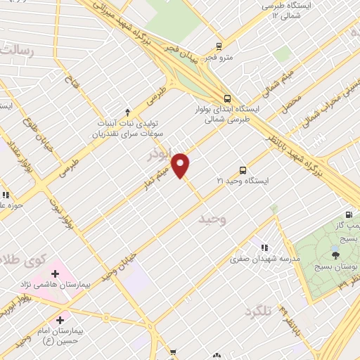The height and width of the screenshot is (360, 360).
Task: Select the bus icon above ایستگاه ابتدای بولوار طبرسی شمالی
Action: point(226,99)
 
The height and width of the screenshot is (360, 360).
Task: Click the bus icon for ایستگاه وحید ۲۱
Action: point(243,169)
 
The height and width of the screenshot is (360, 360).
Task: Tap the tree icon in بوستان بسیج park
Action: point(335,256)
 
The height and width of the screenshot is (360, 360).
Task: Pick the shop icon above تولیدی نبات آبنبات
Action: point(127,111)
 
